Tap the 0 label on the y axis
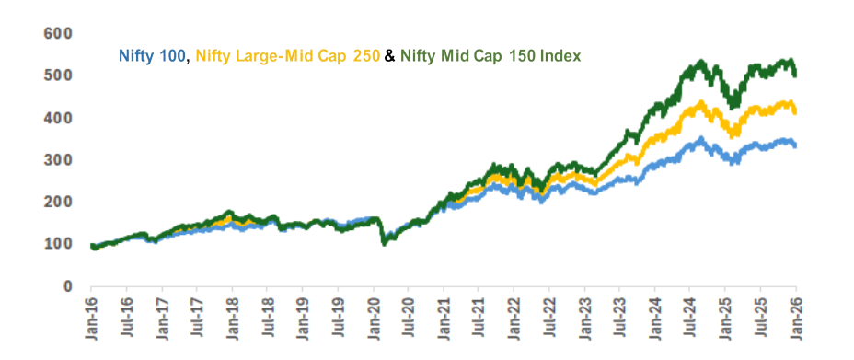coord(66,286)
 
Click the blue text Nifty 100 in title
coord(153,56)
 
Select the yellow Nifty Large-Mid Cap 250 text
coord(286,56)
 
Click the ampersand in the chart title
coord(389,56)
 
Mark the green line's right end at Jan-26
coord(795,73)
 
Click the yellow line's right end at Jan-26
coord(795,110)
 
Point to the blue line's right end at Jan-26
coord(795,145)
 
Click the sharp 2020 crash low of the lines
coord(384,242)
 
